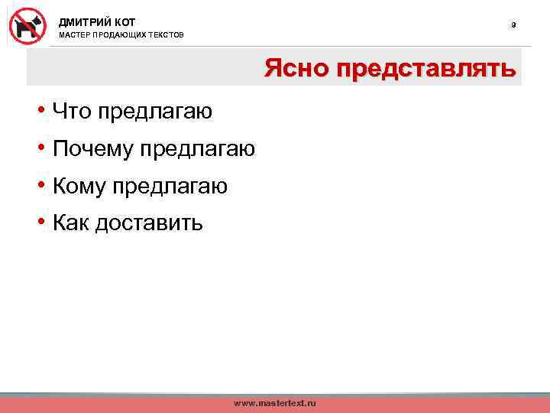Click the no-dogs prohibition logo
(28, 26)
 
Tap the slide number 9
(513, 25)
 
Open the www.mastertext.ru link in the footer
(274, 402)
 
